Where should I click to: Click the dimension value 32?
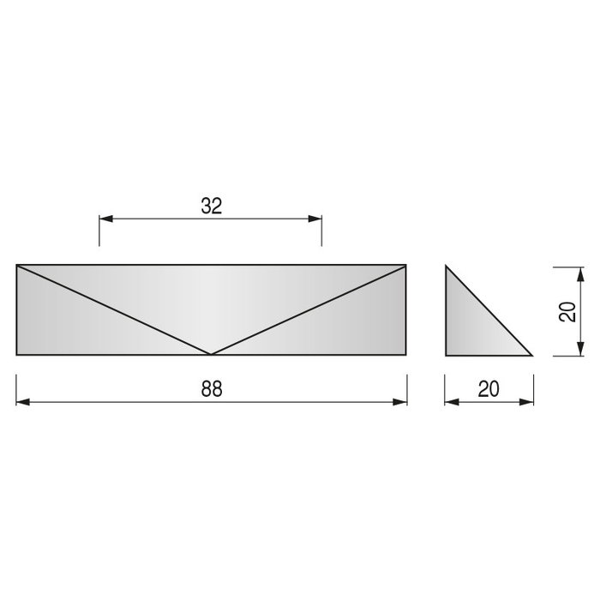coord(212,206)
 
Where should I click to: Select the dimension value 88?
coord(212,388)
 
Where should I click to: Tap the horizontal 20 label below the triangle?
coord(489,388)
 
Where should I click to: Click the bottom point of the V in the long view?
coord(212,354)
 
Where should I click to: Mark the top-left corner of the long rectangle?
coord(17,265)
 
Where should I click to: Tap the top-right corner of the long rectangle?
coord(406,265)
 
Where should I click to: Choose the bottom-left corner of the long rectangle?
coord(17,355)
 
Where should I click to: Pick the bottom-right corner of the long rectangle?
coord(406,355)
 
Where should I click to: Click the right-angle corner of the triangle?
coord(447,355)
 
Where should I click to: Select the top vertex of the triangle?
coord(447,266)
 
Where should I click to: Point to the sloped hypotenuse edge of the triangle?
coord(489,310)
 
